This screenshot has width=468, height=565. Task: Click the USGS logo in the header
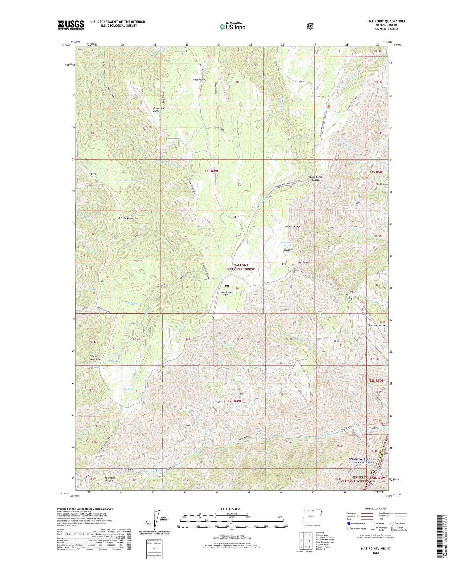(x=71, y=25)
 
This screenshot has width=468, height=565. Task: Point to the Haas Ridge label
(x=199, y=80)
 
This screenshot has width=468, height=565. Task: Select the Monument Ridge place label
(x=159, y=110)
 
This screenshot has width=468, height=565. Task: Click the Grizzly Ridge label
(x=125, y=219)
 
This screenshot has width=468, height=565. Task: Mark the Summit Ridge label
(x=292, y=227)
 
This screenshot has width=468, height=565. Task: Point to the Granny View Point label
(x=96, y=358)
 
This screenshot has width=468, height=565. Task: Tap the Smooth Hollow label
(x=377, y=325)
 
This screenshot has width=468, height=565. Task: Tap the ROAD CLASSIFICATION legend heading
(x=375, y=509)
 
